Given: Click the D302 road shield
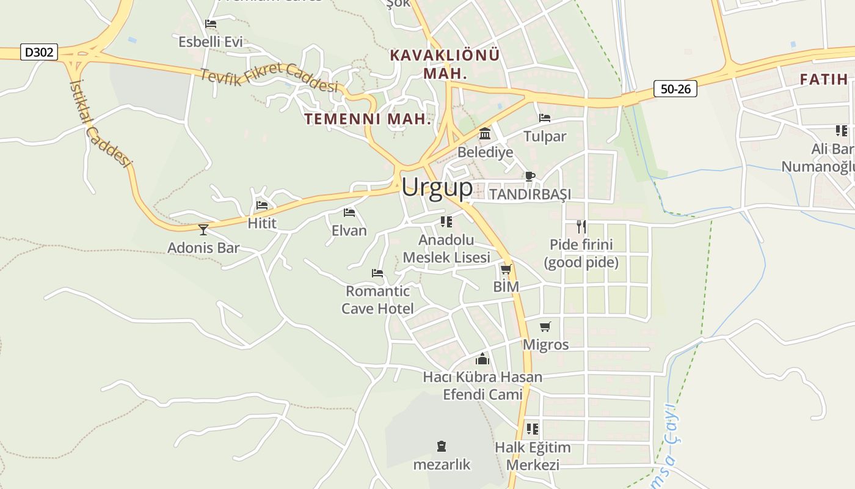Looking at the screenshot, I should tap(39, 52).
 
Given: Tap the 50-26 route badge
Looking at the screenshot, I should tap(675, 89).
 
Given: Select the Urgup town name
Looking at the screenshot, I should tap(437, 187).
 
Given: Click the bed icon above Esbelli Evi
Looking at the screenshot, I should tap(211, 24).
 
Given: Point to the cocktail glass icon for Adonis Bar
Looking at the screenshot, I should tap(203, 229).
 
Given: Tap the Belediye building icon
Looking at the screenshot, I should tap(485, 133).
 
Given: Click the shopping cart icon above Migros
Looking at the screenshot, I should tap(545, 326).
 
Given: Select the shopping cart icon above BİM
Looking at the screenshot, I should tap(506, 269).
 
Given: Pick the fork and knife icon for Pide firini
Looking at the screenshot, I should tap(581, 227).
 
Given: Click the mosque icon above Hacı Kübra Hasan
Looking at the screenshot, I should tap(482, 359).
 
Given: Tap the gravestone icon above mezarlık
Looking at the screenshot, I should tap(442, 446).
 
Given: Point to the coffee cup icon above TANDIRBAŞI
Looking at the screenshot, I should tap(529, 177).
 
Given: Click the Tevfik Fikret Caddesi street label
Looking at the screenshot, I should tap(269, 78).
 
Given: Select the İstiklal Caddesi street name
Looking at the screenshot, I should tap(100, 122).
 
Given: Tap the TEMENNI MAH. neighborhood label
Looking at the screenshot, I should tap(368, 119).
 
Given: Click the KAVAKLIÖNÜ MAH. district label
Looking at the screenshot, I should tap(445, 64).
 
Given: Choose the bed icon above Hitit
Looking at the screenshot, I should tap(262, 205).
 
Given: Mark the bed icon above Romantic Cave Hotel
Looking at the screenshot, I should tap(377, 273).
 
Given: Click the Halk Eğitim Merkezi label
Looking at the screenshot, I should tap(533, 456).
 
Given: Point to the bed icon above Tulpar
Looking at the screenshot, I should tap(545, 117).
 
